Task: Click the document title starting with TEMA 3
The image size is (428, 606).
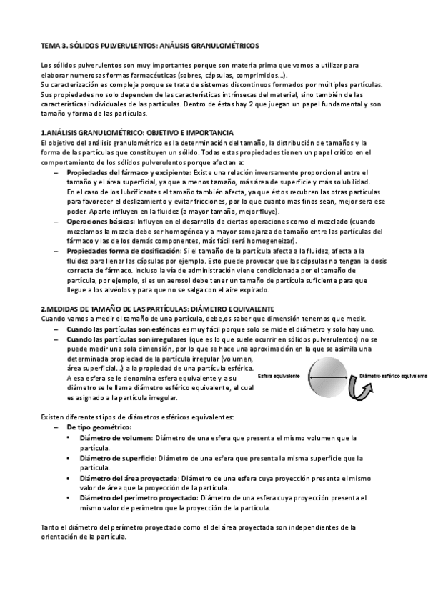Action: (145, 44)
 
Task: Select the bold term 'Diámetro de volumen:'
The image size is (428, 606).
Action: (116, 437)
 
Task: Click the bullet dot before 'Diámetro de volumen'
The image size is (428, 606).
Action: (69, 437)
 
